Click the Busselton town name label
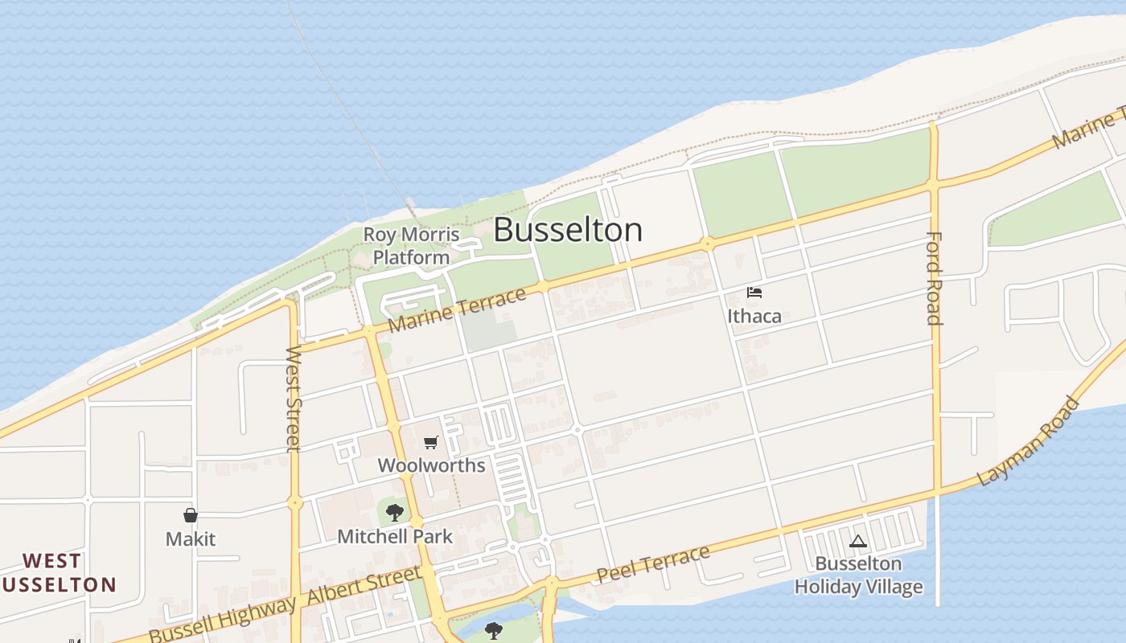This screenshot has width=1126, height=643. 568,230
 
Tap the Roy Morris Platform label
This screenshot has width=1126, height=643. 411,246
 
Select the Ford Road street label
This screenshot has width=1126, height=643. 934,278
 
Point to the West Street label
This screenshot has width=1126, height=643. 294,399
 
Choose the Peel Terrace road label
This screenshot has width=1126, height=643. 653,563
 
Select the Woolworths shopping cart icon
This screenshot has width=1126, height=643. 431,443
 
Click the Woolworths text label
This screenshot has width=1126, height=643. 431,465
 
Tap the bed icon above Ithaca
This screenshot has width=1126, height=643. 754,293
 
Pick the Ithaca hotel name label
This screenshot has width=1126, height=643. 754,316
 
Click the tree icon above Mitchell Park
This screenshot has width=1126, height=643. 394,513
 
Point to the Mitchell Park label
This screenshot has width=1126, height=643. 394,536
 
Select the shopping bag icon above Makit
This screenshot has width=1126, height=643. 191,515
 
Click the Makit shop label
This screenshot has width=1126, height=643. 191,539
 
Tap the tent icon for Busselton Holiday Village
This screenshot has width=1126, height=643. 858,542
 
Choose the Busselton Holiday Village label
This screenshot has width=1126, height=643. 858,575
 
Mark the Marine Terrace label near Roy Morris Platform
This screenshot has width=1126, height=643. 457,310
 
